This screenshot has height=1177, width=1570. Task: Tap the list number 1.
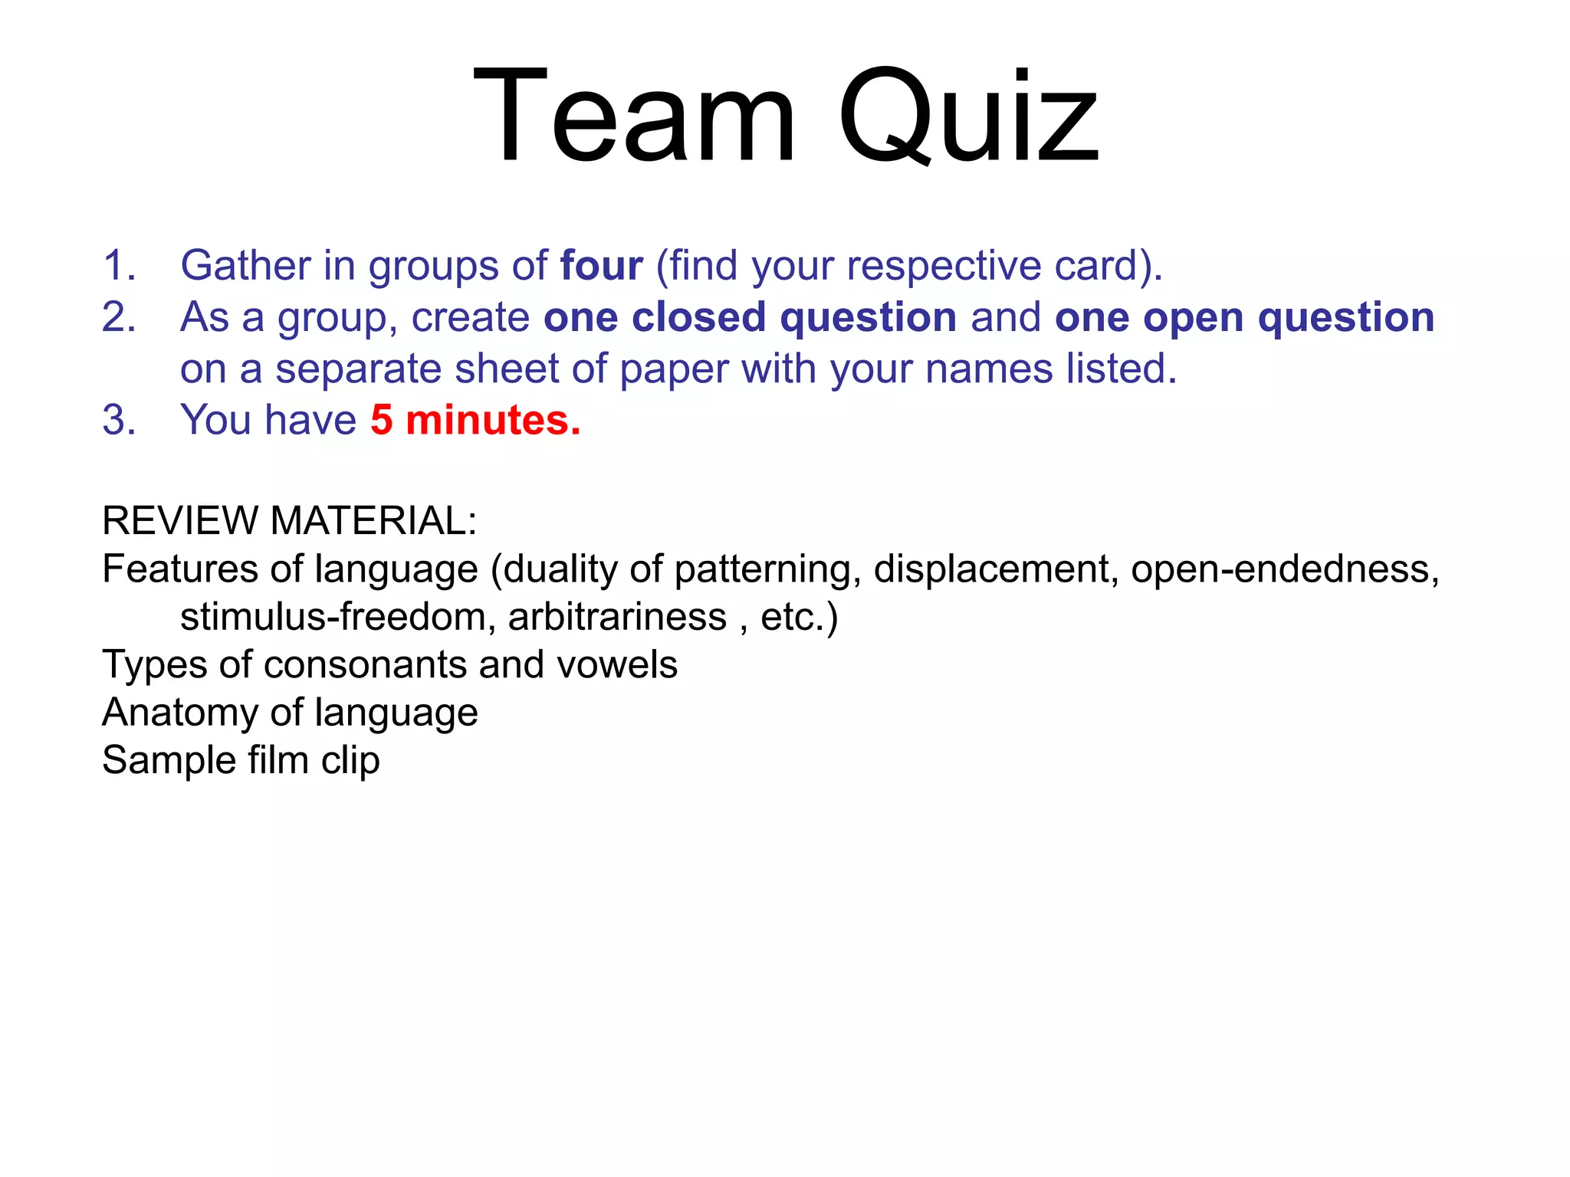(x=119, y=265)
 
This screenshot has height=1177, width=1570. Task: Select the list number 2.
(x=119, y=316)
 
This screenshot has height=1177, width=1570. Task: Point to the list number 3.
(x=119, y=420)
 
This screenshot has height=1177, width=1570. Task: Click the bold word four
(x=601, y=265)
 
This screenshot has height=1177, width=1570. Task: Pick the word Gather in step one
(x=245, y=265)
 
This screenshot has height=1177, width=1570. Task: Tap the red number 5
(x=381, y=420)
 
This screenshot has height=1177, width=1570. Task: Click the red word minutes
(x=492, y=420)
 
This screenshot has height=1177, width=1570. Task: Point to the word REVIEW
(x=179, y=520)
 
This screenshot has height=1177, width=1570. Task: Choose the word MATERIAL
(x=373, y=520)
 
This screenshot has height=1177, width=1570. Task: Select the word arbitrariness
(x=617, y=617)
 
